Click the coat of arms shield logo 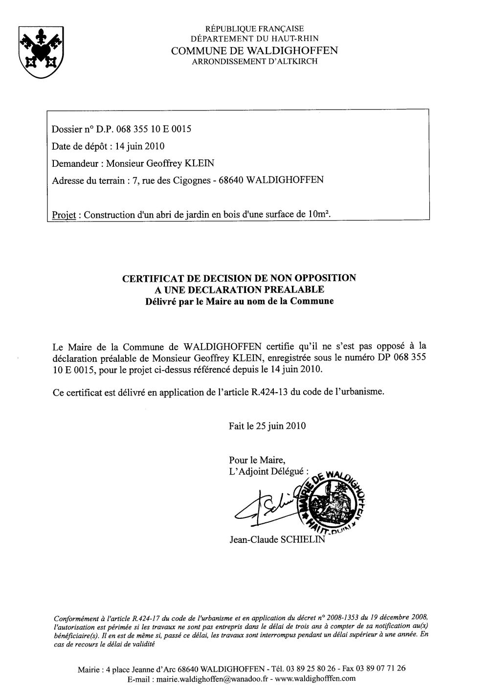pos(36,52)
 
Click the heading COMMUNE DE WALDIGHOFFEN pos(254,51)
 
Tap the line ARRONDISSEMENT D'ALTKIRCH pos(254,62)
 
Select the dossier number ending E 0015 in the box pos(147,130)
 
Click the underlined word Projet pos(64,215)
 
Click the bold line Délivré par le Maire pos(239,301)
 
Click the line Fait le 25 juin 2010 pos(267,426)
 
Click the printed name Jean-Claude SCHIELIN pos(277,540)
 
